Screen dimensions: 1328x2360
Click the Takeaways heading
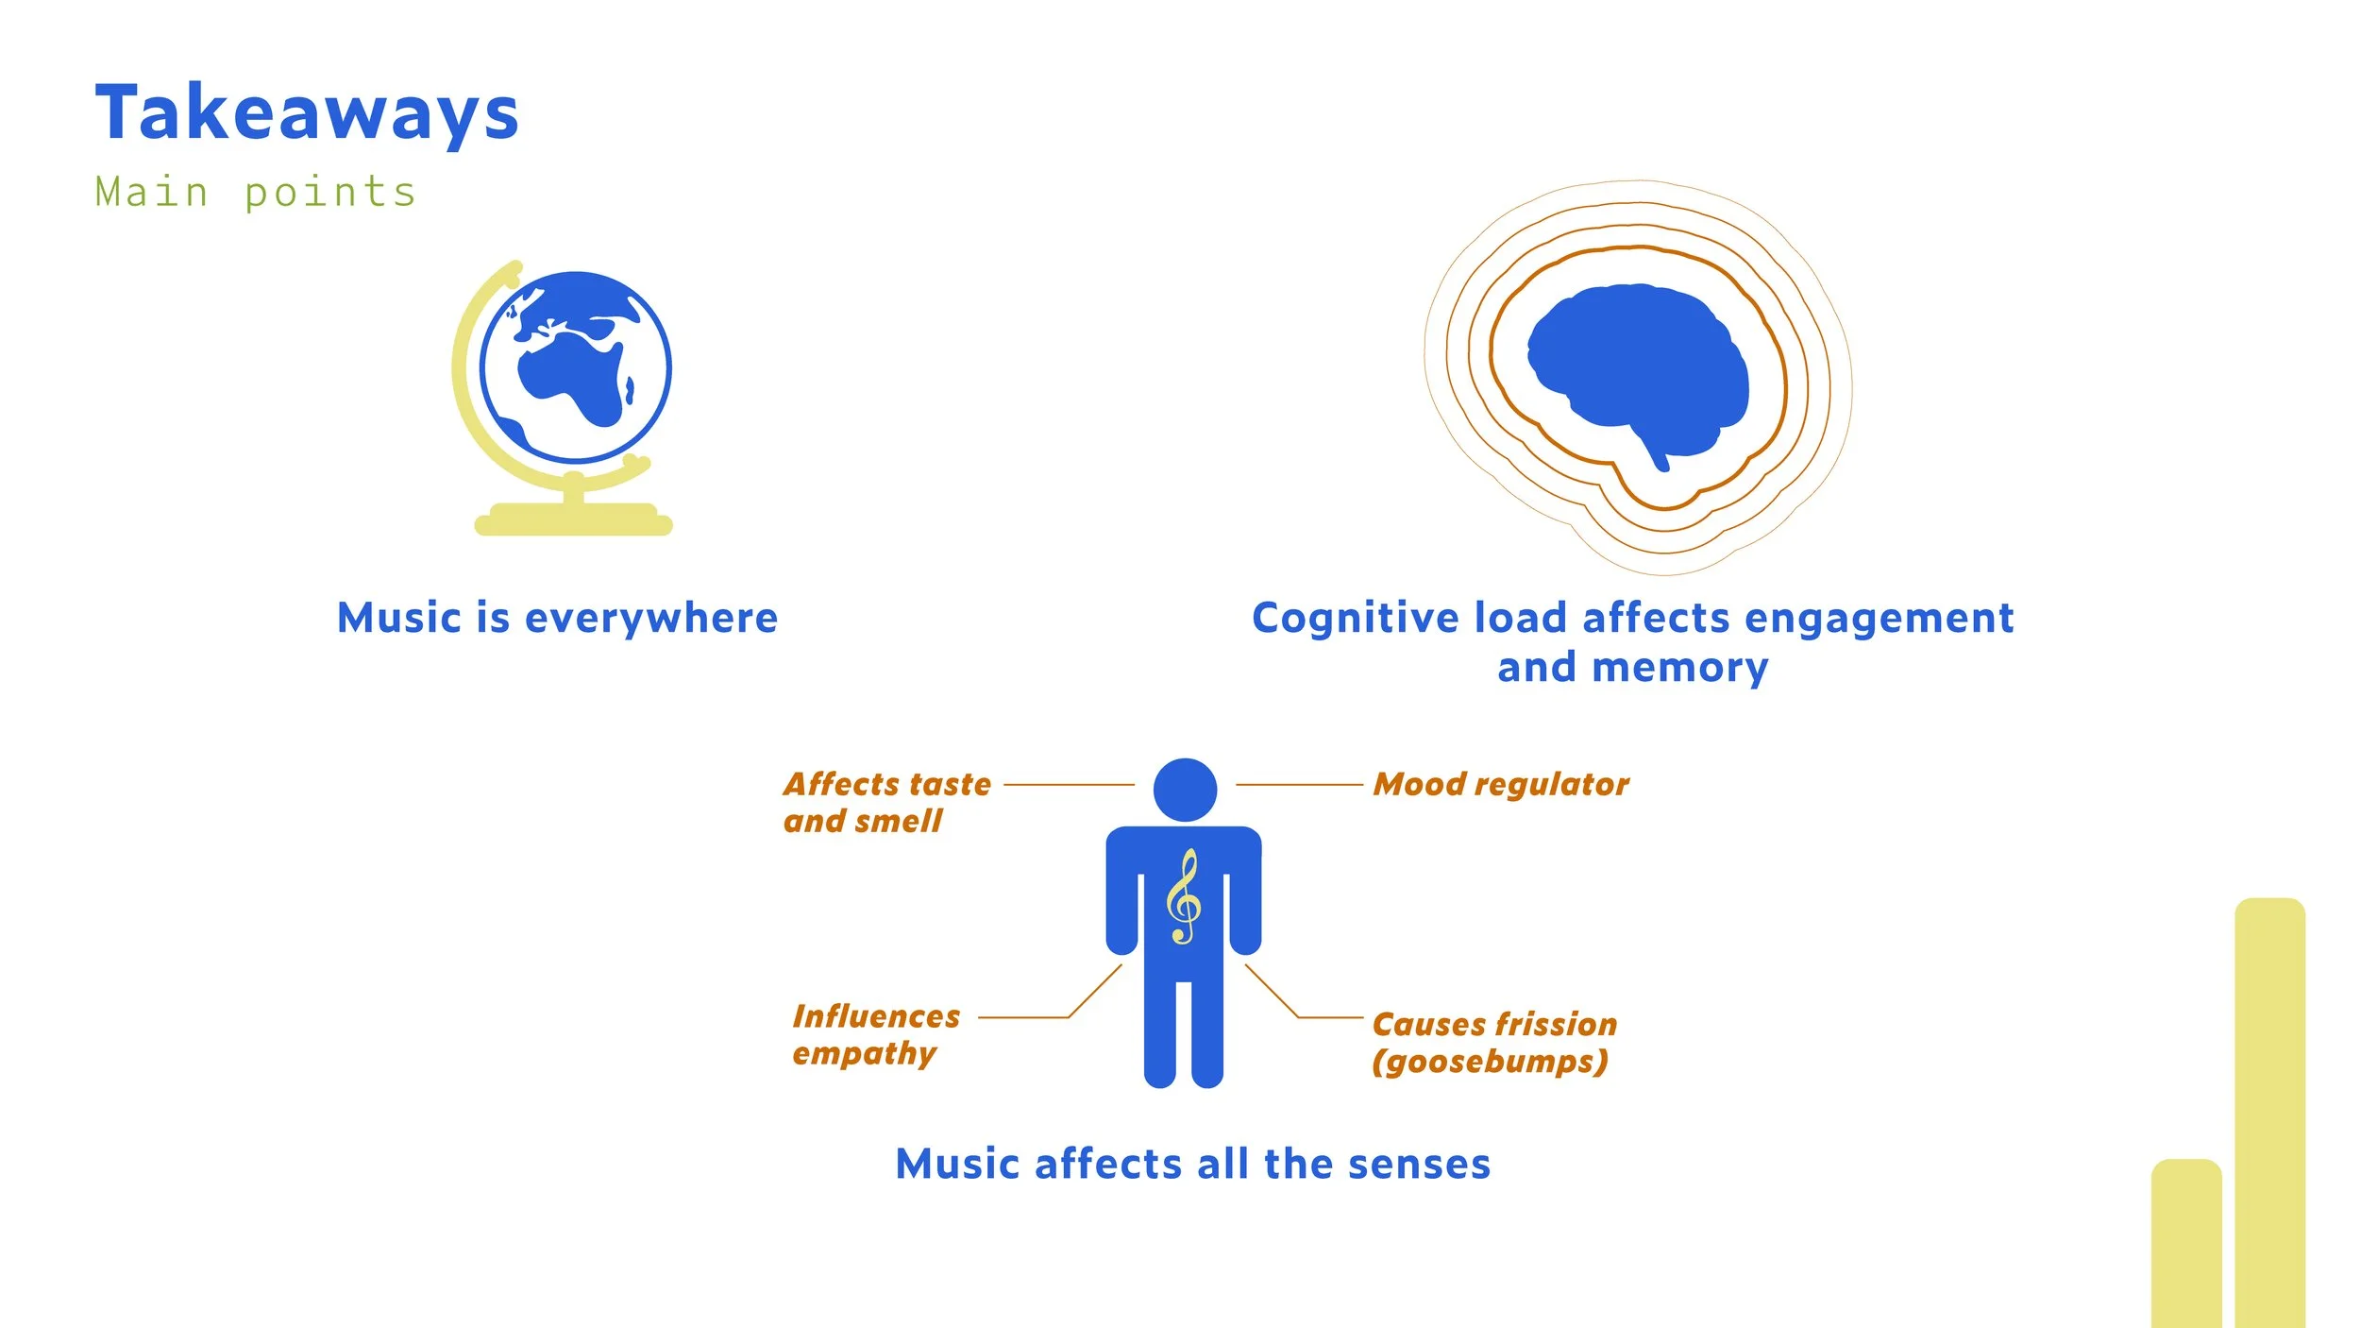click(307, 113)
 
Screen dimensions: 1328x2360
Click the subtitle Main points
click(255, 193)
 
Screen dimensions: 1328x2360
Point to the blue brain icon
click(1638, 368)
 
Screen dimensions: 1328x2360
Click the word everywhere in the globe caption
click(651, 619)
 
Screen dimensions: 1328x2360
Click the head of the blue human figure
click(1185, 790)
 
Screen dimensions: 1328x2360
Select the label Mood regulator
click(1501, 784)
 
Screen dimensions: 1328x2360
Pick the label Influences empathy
click(875, 1034)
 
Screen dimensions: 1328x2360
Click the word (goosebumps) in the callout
click(1490, 1062)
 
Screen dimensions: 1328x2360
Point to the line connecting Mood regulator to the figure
click(1299, 785)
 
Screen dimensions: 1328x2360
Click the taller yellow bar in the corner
click(2269, 1115)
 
